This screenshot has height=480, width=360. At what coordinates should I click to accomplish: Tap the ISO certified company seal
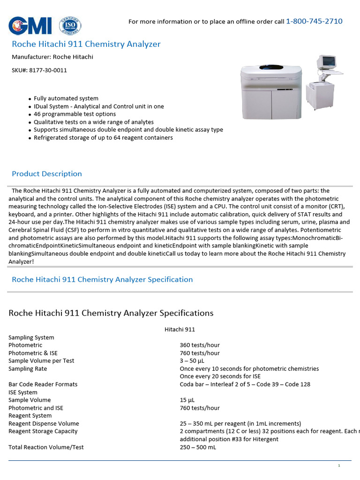point(70,25)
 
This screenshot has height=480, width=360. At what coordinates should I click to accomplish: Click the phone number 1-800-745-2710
point(314,21)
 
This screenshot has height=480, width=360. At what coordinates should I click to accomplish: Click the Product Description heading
point(47,173)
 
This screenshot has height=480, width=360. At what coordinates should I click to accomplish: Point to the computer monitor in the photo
point(326,62)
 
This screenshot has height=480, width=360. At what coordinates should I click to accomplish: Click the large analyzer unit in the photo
point(271,91)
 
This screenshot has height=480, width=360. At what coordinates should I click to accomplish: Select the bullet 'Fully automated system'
point(66,98)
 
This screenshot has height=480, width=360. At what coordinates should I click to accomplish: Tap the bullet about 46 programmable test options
point(75,114)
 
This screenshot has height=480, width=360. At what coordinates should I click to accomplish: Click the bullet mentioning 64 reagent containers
point(103,137)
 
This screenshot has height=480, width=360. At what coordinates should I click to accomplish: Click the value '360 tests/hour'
point(200,345)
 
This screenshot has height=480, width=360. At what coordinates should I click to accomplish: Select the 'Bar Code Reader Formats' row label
point(43,384)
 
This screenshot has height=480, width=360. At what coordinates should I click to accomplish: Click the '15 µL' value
point(187,400)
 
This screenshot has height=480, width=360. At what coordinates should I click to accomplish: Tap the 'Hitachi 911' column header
point(180,330)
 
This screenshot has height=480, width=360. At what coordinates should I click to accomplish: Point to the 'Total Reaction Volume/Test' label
point(46,447)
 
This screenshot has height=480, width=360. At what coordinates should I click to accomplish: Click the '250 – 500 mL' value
point(198,447)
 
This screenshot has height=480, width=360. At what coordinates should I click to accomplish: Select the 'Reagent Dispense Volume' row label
point(44,423)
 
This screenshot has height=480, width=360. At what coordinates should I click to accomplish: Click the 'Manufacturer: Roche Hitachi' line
point(52,57)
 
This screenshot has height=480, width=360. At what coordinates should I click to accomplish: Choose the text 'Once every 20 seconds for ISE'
point(220,376)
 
